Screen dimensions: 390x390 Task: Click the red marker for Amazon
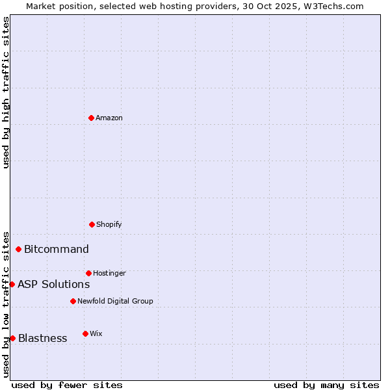(91, 118)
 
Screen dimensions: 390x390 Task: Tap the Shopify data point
(92, 224)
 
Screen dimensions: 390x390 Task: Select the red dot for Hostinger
(88, 273)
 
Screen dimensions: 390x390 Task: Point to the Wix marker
(85, 333)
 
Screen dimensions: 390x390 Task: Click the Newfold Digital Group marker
(73, 301)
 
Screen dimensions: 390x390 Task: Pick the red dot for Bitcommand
(18, 249)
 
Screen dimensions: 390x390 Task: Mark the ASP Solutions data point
(12, 284)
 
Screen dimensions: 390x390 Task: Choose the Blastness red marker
(12, 338)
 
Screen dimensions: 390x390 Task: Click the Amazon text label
(109, 118)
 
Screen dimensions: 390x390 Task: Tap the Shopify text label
(109, 225)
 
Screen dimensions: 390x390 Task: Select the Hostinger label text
(109, 274)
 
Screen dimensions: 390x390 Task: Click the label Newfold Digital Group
(115, 302)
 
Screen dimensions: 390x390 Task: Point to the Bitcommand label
(57, 250)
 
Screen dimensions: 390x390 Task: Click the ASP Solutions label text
(54, 285)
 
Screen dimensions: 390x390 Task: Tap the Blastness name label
(43, 339)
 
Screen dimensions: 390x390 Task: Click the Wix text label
(96, 334)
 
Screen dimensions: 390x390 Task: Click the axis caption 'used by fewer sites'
(67, 385)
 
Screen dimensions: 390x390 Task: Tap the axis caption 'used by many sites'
(326, 385)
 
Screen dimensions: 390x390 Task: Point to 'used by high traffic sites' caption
(6, 92)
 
